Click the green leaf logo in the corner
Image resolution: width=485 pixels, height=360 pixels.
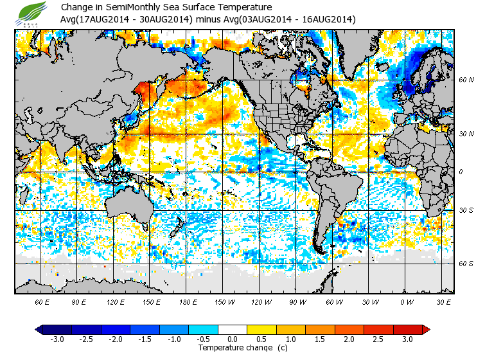(32, 14)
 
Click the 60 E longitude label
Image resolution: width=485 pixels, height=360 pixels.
(42, 301)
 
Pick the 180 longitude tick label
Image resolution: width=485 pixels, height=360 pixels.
(188, 301)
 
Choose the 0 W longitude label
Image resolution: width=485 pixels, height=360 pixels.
(407, 301)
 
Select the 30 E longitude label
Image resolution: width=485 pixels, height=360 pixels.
(443, 301)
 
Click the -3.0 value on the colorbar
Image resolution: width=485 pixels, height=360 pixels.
(57, 339)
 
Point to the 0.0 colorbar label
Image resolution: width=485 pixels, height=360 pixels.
(233, 339)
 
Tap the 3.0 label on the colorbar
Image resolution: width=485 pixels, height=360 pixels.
(407, 339)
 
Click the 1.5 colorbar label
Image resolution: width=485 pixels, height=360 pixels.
(320, 339)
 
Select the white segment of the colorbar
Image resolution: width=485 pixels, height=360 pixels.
(233, 330)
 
